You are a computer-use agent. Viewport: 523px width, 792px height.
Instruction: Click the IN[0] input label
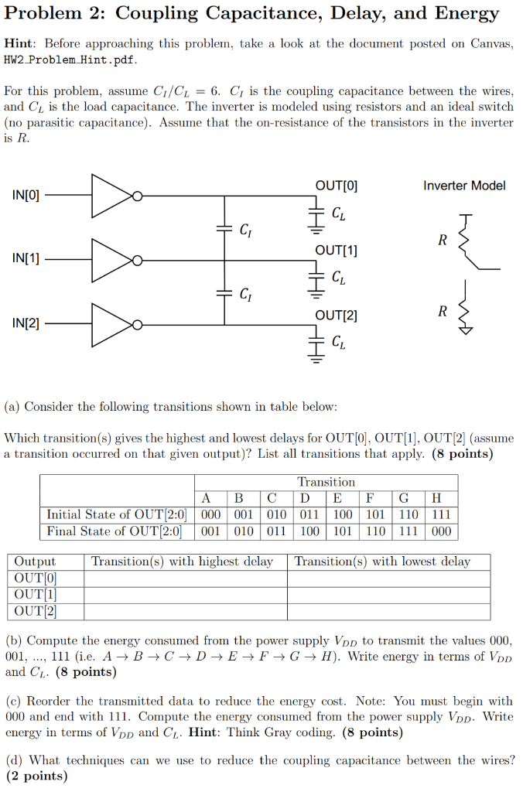pyautogui.click(x=26, y=195)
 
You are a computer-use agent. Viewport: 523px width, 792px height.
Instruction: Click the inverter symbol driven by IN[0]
pyautogui.click(x=113, y=196)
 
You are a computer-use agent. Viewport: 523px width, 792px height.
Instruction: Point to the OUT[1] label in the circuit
pyautogui.click(x=337, y=251)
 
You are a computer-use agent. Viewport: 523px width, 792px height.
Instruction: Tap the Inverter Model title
pyautogui.click(x=464, y=186)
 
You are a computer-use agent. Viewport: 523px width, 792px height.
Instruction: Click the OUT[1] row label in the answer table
pyautogui.click(x=36, y=595)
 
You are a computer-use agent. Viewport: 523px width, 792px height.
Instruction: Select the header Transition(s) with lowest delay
pyautogui.click(x=382, y=562)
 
